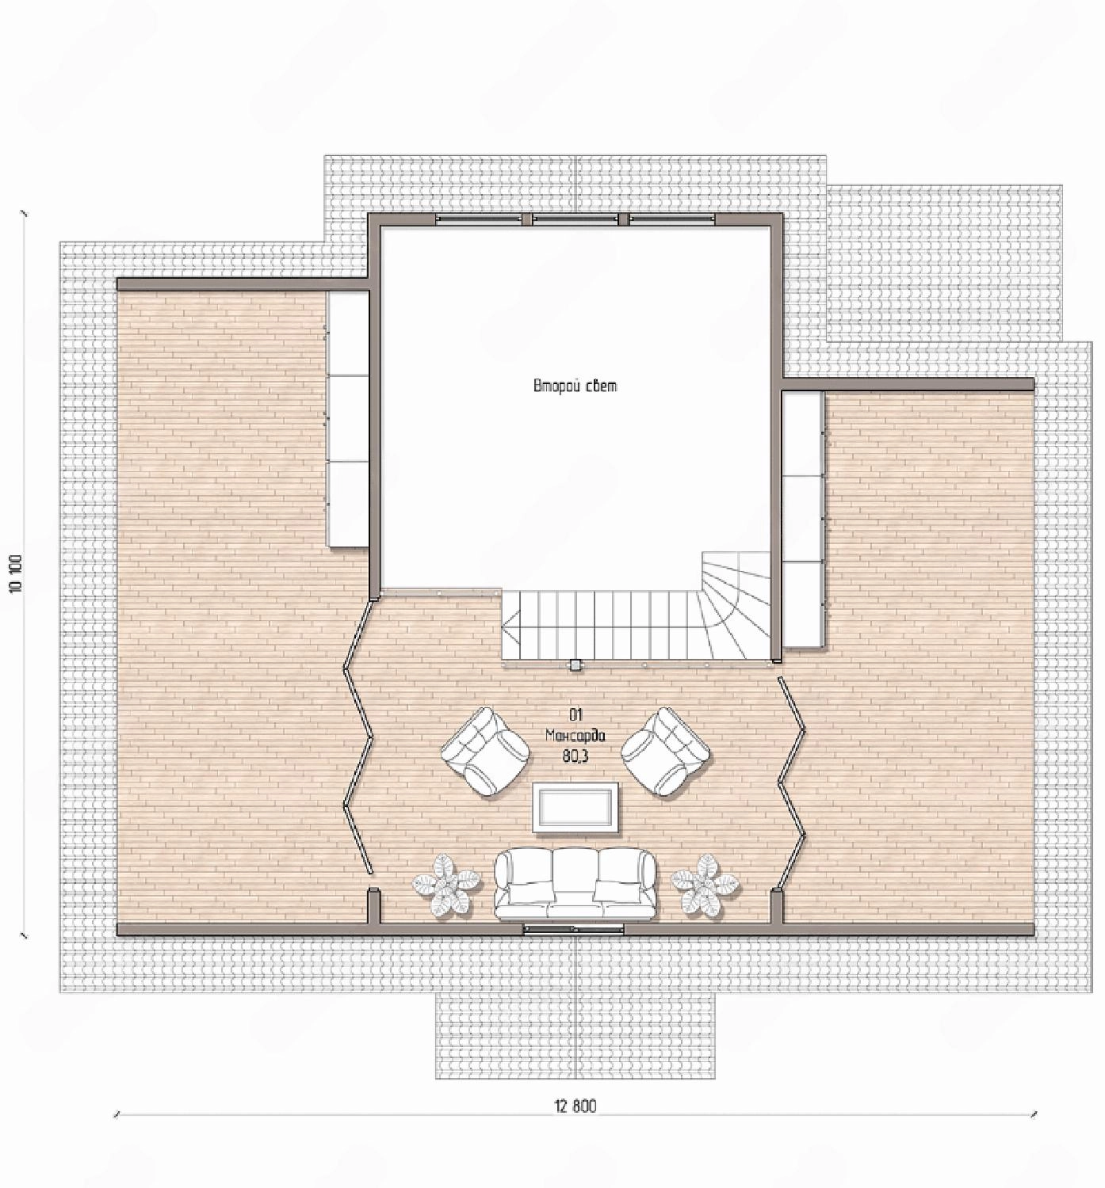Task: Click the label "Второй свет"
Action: (575, 386)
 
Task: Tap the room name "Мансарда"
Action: (575, 735)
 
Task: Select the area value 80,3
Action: (575, 756)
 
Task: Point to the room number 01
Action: (575, 714)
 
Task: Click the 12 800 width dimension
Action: (575, 1106)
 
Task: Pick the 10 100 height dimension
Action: (16, 573)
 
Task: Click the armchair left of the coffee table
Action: (485, 752)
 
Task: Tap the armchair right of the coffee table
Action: (667, 752)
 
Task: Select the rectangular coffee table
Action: (575, 806)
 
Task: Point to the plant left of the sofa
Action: (446, 884)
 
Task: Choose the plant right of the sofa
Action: (705, 884)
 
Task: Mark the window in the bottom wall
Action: (574, 929)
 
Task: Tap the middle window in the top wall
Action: (575, 219)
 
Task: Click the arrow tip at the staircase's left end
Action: (503, 629)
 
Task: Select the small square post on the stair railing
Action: (575, 664)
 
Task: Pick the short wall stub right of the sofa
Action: (775, 906)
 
